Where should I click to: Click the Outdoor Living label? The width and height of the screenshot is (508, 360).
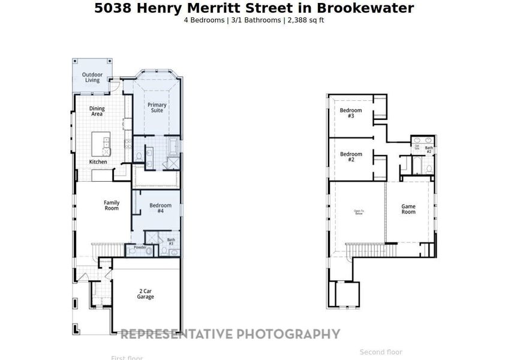click(92, 77)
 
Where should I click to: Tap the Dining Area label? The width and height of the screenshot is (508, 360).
click(97, 112)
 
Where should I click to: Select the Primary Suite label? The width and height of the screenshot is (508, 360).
click(157, 107)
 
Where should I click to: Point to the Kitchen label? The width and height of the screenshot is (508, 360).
click(98, 162)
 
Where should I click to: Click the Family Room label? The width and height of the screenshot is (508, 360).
click(112, 205)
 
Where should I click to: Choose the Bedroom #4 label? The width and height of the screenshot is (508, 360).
click(161, 208)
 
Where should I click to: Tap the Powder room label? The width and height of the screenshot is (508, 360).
click(140, 247)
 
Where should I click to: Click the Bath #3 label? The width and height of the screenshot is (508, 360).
click(171, 242)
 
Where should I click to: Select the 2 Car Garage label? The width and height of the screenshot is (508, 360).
click(146, 294)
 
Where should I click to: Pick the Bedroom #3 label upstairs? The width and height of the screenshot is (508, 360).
click(351, 113)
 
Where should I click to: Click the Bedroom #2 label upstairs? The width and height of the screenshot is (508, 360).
click(351, 157)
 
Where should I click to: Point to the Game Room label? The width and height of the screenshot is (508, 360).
click(408, 209)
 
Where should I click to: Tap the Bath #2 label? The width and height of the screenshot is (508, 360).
click(429, 150)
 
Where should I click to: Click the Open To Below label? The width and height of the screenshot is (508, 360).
click(359, 212)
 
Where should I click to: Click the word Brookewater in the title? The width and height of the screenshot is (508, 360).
click(372, 8)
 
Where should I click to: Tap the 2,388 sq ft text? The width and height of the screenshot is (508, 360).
click(306, 20)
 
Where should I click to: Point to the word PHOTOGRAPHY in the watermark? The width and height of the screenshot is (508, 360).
click(288, 334)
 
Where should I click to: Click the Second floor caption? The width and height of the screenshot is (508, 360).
click(381, 352)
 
